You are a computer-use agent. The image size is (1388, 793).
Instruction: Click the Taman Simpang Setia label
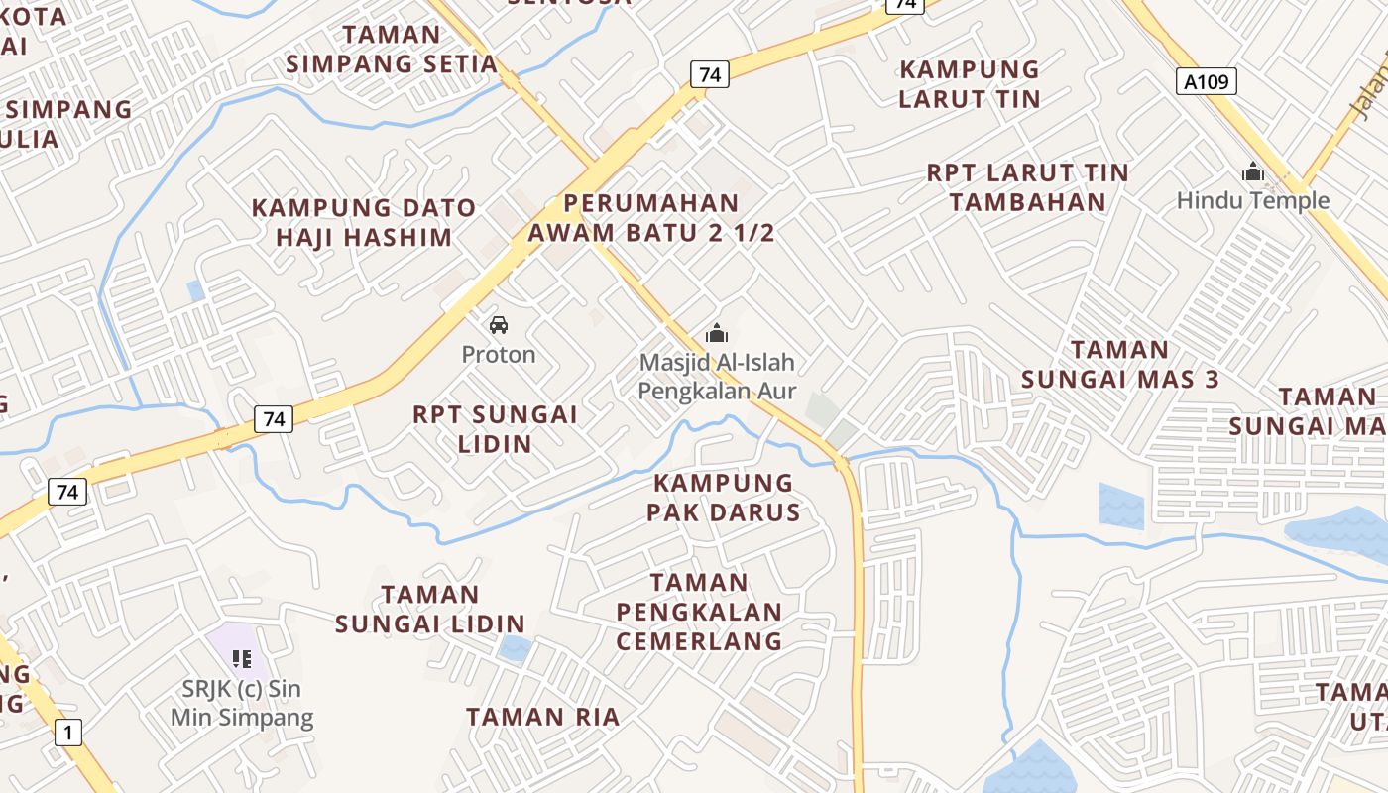pyautogui.click(x=392, y=50)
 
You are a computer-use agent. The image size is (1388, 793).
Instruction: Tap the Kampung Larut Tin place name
pyautogui.click(x=969, y=84)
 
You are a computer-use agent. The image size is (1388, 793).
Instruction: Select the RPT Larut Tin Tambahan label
pyautogui.click(x=1027, y=187)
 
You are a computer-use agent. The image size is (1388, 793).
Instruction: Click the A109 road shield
pyautogui.click(x=1207, y=81)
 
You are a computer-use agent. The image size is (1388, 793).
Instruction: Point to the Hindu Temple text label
pyautogui.click(x=1252, y=200)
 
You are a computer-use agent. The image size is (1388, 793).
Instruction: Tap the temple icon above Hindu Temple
pyautogui.click(x=1253, y=172)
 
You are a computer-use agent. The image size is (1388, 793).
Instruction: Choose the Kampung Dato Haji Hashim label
pyautogui.click(x=363, y=223)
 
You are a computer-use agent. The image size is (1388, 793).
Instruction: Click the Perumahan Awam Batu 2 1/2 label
pyautogui.click(x=651, y=218)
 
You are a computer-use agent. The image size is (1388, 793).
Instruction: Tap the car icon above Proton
pyautogui.click(x=499, y=324)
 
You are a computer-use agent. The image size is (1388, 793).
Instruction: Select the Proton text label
pyautogui.click(x=499, y=354)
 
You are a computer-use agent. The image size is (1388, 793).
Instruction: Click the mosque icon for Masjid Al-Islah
pyautogui.click(x=716, y=333)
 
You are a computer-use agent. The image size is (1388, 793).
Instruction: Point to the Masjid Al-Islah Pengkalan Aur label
pyautogui.click(x=717, y=377)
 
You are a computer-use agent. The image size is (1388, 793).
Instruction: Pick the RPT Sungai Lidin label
pyautogui.click(x=495, y=428)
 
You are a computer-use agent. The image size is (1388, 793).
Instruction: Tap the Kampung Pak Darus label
pyautogui.click(x=724, y=498)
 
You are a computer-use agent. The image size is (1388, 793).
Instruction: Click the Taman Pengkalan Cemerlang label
pyautogui.click(x=699, y=612)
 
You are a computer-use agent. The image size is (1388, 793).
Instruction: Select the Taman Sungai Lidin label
pyautogui.click(x=429, y=609)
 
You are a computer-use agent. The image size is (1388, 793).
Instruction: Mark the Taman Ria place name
pyautogui.click(x=542, y=716)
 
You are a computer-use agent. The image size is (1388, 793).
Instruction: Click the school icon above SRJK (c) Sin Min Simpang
pyautogui.click(x=241, y=658)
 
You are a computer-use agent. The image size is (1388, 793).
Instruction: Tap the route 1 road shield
pyautogui.click(x=67, y=733)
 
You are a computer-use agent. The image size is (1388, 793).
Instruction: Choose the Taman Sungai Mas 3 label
pyautogui.click(x=1120, y=364)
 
